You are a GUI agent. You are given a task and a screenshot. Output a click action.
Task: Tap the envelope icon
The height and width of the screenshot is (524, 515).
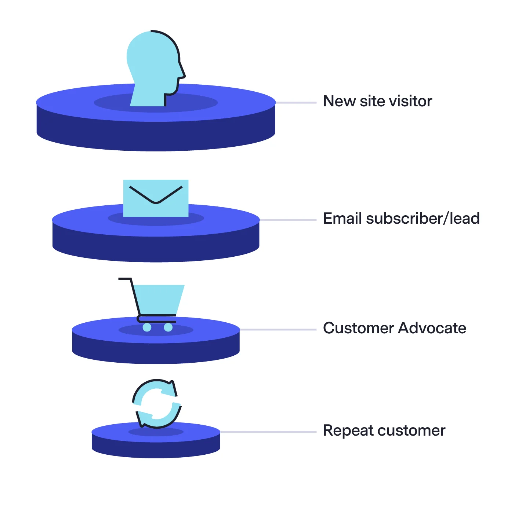click(156, 198)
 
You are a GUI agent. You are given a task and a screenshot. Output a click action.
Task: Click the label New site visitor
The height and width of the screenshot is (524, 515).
click(377, 101)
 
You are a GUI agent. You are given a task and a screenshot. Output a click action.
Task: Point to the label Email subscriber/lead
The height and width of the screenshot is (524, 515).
click(401, 219)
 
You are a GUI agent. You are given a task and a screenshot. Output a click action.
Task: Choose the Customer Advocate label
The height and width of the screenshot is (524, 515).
click(394, 328)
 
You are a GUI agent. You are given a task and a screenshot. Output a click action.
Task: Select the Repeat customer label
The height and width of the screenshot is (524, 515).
click(384, 430)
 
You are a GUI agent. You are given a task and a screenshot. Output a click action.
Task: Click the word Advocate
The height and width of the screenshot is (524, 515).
click(432, 328)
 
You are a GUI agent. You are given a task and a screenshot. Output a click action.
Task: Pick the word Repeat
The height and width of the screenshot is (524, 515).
click(346, 431)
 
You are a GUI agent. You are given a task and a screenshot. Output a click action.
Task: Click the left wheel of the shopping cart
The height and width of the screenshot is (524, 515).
click(147, 327)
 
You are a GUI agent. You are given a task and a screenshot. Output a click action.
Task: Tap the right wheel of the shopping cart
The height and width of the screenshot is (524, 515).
click(168, 327)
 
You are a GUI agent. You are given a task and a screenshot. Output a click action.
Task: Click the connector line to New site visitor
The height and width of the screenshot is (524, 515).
click(296, 103)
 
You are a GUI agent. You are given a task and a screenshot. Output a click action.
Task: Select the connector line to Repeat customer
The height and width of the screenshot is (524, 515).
click(268, 432)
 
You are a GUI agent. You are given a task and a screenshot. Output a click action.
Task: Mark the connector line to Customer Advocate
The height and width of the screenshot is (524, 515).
click(278, 330)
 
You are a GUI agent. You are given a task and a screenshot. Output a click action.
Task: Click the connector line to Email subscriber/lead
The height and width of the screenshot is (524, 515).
click(288, 220)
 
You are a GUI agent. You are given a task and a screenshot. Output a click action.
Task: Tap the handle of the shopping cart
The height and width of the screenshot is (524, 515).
click(124, 279)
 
